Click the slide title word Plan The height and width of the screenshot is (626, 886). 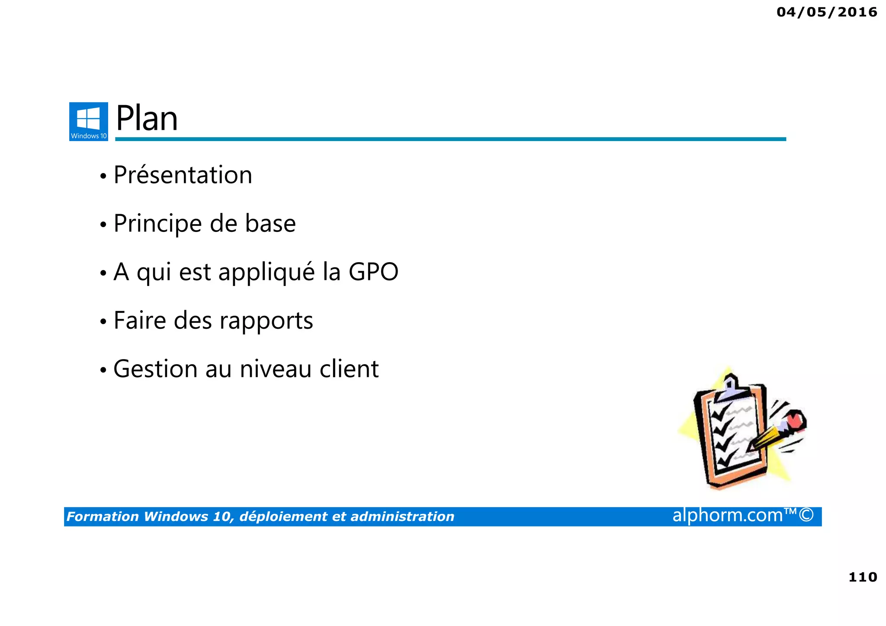pyautogui.click(x=147, y=119)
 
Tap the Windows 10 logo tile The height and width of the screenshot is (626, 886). pyautogui.click(x=89, y=122)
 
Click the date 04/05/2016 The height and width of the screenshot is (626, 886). pyautogui.click(x=827, y=12)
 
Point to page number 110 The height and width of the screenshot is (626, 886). pyautogui.click(x=863, y=577)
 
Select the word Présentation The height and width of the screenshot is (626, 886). pyautogui.click(x=183, y=175)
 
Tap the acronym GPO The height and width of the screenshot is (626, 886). pyautogui.click(x=373, y=272)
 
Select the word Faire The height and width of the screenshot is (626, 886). pyautogui.click(x=140, y=321)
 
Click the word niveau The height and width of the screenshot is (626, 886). pyautogui.click(x=276, y=369)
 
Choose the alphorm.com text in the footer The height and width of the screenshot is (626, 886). pyautogui.click(x=728, y=515)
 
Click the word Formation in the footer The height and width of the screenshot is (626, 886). pyautogui.click(x=103, y=517)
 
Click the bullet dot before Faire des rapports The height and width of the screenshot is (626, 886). pyautogui.click(x=103, y=322)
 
